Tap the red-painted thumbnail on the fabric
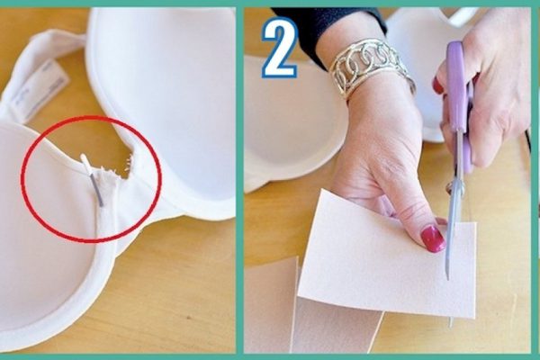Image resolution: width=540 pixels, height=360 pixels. click(x=432, y=238)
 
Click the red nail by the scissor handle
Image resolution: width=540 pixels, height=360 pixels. click(x=438, y=85)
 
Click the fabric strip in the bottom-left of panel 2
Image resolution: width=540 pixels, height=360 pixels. click(x=270, y=306)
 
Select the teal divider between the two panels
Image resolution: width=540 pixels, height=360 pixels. click(x=239, y=180)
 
